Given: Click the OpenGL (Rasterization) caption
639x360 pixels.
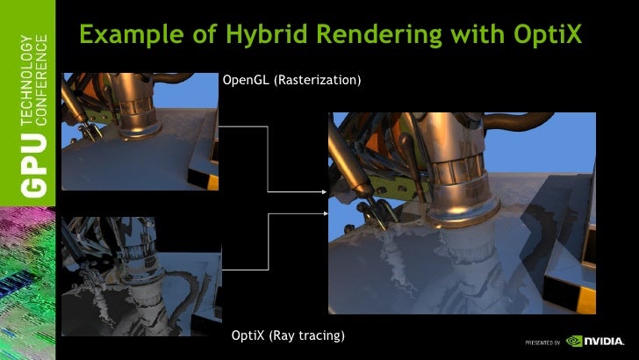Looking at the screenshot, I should tap(291, 81).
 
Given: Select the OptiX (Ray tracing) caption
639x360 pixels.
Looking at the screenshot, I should tap(287, 335).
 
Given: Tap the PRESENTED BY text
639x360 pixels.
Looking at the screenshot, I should tap(542, 342).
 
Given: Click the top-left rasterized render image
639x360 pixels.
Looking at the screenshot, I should tap(140, 132).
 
